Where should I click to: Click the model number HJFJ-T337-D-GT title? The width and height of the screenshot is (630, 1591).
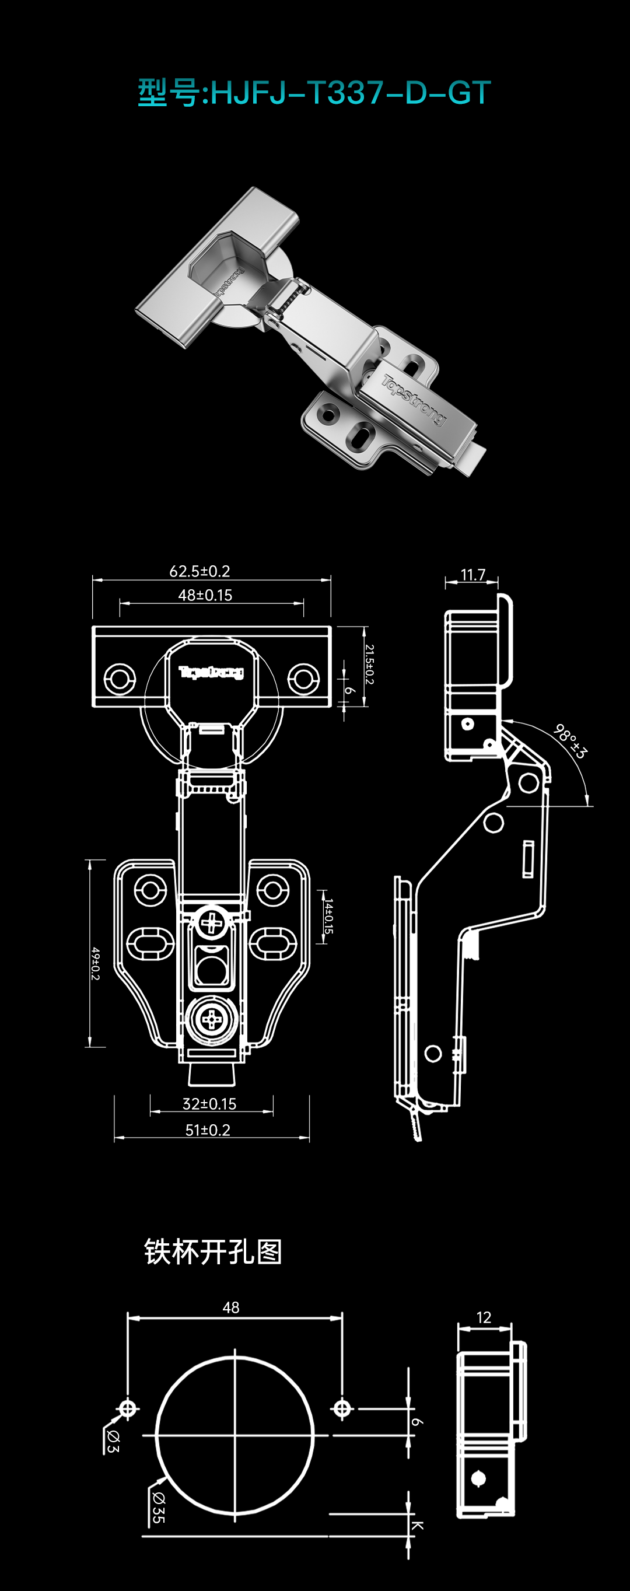tap(314, 93)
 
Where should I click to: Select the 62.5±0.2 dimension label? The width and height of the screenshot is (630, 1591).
tap(199, 571)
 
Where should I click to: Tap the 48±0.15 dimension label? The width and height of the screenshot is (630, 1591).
tap(205, 596)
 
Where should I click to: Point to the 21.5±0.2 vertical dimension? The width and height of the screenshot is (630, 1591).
tap(369, 665)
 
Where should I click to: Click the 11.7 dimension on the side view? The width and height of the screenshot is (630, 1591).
tap(473, 575)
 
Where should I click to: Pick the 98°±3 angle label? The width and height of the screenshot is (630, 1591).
tap(569, 741)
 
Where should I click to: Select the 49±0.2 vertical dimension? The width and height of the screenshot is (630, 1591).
tap(95, 963)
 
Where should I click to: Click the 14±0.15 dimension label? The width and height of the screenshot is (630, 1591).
tap(328, 917)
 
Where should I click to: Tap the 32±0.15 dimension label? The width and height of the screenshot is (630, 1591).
tap(209, 1104)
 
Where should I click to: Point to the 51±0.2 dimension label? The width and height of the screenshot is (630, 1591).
tap(208, 1130)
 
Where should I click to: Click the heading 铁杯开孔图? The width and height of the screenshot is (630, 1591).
tap(213, 1253)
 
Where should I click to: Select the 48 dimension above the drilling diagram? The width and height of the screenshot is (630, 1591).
tap(231, 1307)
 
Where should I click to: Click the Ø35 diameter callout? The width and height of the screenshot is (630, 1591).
tap(158, 1508)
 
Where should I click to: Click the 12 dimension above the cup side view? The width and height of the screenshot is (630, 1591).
tap(484, 1317)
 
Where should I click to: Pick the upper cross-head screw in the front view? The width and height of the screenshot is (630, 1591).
tap(212, 924)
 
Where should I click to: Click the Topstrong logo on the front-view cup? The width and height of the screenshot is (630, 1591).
tap(211, 672)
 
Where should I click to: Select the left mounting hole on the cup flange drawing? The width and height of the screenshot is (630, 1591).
tap(119, 678)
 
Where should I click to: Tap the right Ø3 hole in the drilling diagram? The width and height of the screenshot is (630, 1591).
tap(342, 1409)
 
